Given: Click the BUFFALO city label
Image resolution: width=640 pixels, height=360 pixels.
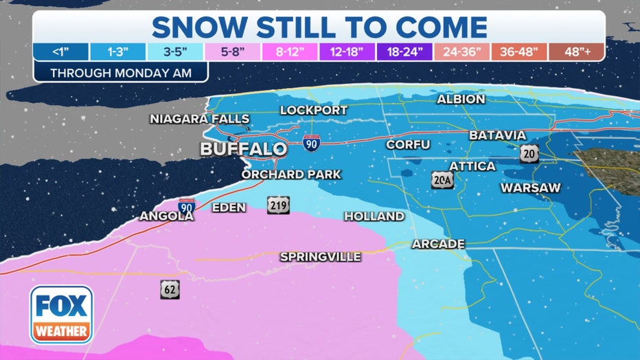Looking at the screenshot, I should (243, 149).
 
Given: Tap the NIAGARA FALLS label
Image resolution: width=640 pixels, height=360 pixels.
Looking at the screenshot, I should (200, 119).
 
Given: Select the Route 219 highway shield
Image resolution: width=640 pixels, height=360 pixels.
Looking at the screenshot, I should (279, 205).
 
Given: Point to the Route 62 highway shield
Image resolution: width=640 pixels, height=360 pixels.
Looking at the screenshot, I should (170, 289).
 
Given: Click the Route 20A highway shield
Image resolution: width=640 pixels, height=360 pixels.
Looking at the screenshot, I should (442, 180).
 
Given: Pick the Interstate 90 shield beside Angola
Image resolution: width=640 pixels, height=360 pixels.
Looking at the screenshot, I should (185, 205).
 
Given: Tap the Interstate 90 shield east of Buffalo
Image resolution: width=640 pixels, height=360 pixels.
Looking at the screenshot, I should (311, 143).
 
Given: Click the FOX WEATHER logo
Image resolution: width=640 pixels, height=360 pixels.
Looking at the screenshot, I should (61, 315).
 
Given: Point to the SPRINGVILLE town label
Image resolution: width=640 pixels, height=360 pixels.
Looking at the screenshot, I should (320, 256).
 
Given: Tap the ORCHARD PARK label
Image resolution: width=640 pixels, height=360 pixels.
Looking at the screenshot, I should (290, 175).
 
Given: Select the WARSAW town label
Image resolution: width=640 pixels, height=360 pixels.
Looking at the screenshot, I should (530, 187).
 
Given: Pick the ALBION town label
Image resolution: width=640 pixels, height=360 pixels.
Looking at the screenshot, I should (461, 99).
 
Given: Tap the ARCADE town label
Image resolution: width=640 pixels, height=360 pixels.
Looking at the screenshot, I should (438, 244).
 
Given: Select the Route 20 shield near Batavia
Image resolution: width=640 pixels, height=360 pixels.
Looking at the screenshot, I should (528, 153).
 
